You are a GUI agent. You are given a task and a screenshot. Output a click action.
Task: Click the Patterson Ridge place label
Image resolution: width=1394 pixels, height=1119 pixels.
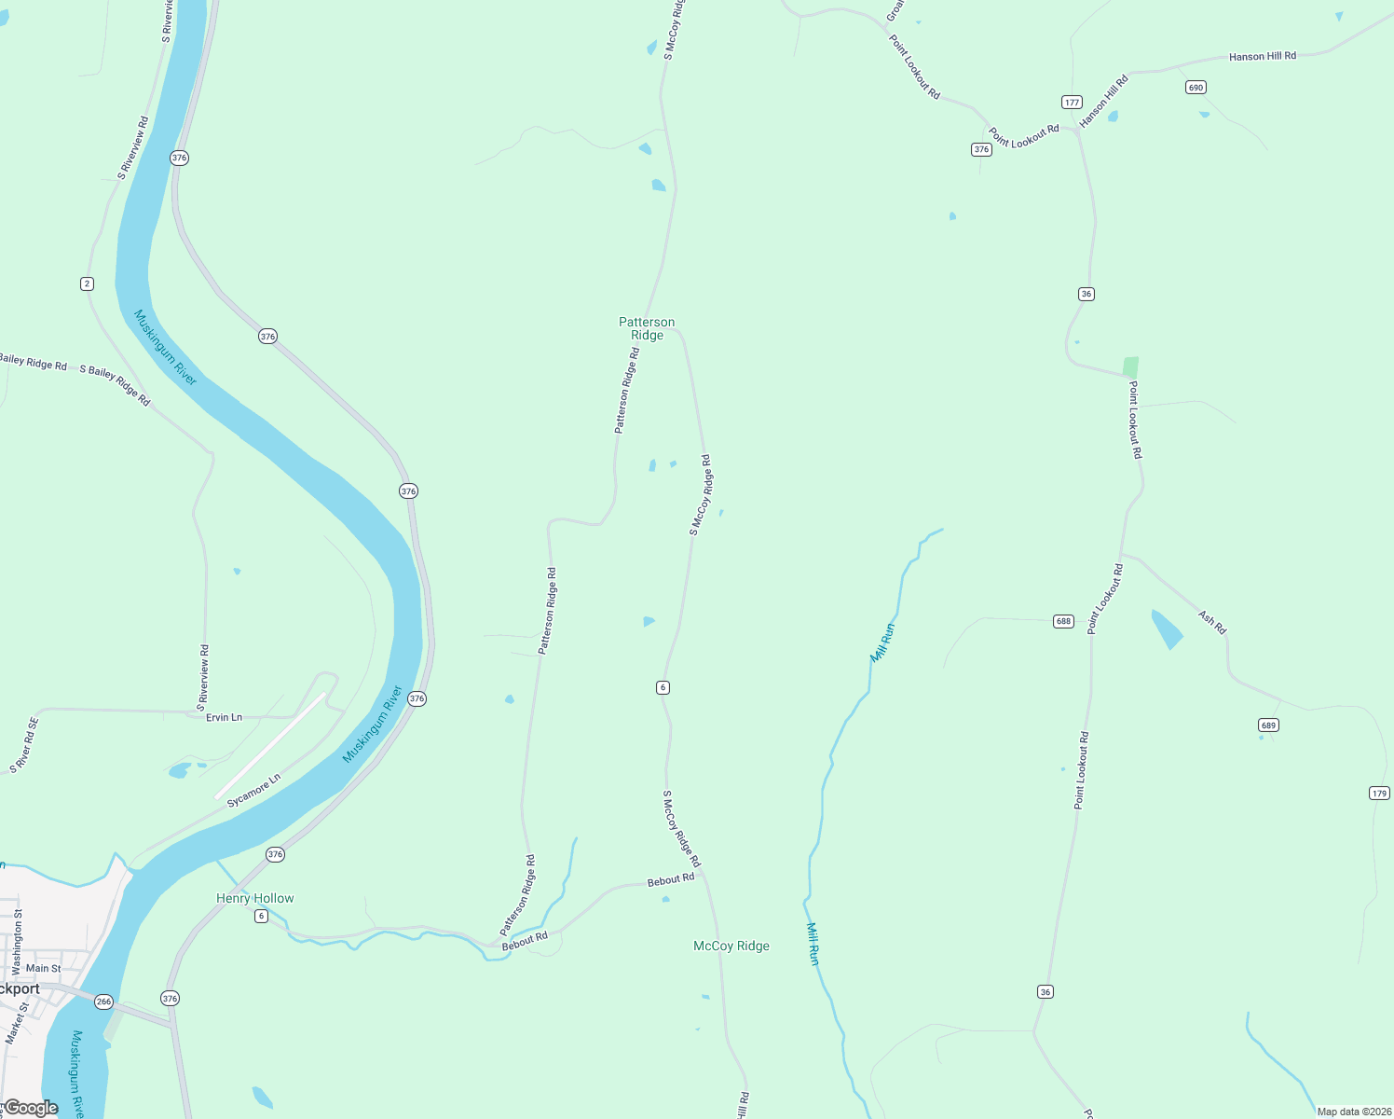(x=647, y=328)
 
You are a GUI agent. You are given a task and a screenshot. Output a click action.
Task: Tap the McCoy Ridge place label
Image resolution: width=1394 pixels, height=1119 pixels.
(x=731, y=946)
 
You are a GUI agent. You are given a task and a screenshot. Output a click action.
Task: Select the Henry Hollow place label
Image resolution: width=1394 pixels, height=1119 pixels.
(x=254, y=898)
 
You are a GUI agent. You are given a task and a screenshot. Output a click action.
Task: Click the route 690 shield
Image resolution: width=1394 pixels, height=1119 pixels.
(x=1196, y=88)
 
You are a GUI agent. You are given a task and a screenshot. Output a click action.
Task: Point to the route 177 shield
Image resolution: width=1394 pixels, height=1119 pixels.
(x=1072, y=103)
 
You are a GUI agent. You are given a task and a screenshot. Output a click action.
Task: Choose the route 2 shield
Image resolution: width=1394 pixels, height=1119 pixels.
(x=87, y=283)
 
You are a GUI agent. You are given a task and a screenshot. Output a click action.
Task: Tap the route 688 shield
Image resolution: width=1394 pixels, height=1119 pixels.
(x=1063, y=621)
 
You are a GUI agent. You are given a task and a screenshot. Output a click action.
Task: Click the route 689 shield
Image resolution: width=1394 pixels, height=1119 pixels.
(x=1267, y=725)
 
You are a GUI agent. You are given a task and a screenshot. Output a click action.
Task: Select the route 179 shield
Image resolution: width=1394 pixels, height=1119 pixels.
(x=1379, y=794)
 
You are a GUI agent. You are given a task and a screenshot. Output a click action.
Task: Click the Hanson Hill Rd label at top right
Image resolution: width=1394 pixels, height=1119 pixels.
(x=1262, y=57)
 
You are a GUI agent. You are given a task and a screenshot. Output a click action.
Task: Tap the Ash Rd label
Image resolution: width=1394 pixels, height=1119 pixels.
(x=1211, y=622)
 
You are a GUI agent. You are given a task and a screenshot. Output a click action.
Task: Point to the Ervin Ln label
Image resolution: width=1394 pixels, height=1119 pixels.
(x=224, y=717)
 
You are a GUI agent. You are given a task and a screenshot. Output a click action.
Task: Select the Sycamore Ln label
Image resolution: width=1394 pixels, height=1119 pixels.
(x=253, y=791)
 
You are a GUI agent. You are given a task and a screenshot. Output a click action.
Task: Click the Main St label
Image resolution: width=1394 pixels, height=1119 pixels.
(x=43, y=968)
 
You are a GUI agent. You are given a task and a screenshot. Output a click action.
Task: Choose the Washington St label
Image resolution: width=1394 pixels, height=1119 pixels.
(x=18, y=942)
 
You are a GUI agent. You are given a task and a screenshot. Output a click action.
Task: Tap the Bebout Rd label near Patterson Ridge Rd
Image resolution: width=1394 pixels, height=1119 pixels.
(x=525, y=941)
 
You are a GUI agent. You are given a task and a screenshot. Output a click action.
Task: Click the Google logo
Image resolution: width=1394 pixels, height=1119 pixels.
(x=31, y=1108)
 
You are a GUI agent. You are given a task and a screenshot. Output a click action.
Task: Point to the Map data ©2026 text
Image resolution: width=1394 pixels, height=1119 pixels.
(x=1354, y=1112)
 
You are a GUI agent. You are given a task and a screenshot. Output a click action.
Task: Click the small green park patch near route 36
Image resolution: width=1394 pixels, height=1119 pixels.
(x=1130, y=367)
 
